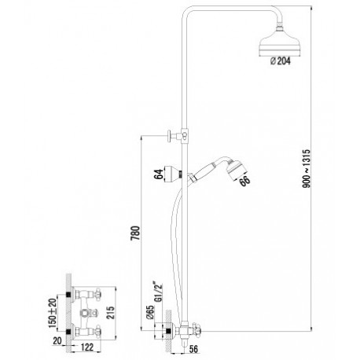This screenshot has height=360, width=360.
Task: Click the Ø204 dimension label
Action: [280, 61]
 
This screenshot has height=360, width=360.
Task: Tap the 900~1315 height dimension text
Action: [306, 168]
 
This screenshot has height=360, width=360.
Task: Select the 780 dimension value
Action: [136, 233]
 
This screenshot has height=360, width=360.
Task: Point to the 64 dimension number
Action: [158, 174]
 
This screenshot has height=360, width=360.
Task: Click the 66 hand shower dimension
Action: [244, 181]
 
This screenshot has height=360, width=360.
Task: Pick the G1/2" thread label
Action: [159, 292]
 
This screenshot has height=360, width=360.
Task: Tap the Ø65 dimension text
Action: [150, 312]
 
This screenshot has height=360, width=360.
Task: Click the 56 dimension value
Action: [193, 349]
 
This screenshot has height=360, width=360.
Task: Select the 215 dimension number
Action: [111, 312]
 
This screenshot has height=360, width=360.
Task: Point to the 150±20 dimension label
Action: [53, 313]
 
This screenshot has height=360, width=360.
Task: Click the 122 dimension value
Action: [86, 347]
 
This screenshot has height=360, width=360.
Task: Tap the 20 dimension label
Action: [57, 341]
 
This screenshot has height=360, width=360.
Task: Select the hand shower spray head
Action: [236, 170]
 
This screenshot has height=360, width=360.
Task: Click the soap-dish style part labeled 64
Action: [172, 173]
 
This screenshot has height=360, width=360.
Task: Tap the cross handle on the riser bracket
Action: [170, 136]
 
